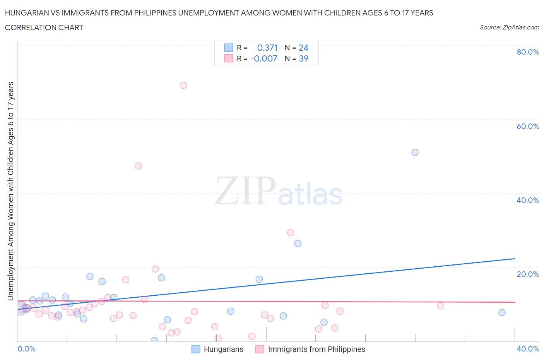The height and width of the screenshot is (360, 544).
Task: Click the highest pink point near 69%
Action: [183, 85]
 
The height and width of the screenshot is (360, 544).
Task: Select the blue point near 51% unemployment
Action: [415, 153]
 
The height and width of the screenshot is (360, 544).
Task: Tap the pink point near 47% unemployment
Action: [138, 166]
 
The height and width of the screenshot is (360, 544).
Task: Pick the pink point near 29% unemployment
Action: [291, 233]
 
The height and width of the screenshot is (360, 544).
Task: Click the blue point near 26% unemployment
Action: [298, 243]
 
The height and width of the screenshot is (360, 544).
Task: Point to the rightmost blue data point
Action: [502, 312]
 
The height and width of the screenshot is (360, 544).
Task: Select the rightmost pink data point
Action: [440, 306]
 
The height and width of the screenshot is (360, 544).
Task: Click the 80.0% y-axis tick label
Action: [528, 52]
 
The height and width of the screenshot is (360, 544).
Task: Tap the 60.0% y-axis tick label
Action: [528, 126]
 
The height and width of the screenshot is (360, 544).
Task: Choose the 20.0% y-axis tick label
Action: [528, 274]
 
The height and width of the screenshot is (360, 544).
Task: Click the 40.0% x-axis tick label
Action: [528, 349]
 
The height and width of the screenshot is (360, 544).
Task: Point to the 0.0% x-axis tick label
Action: [27, 349]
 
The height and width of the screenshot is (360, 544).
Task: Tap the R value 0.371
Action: [267, 48]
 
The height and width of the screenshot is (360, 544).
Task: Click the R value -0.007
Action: [264, 58]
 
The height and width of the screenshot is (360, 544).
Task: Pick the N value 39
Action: [303, 58]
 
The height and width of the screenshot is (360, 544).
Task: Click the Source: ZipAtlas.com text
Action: [509, 27]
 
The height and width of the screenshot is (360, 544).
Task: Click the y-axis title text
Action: [10, 191]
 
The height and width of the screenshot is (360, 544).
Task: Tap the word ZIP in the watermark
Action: [245, 190]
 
